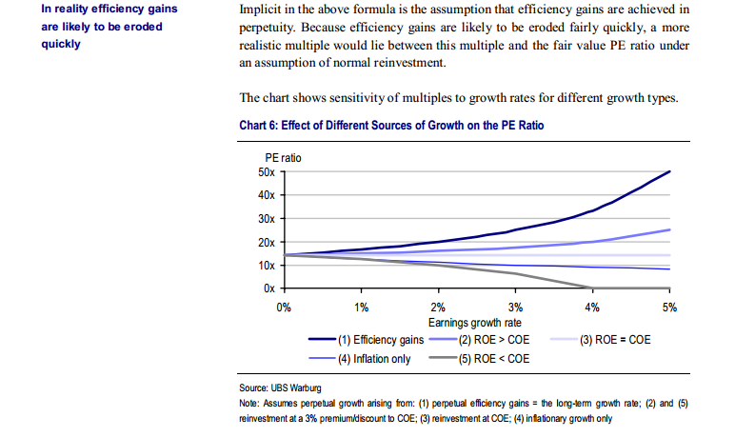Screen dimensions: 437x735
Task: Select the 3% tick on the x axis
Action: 515,307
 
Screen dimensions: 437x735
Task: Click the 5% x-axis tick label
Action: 669,307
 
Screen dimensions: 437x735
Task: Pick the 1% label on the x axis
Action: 361,307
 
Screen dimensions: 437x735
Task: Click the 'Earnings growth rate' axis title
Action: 476,322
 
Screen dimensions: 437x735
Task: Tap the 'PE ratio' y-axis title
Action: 283,157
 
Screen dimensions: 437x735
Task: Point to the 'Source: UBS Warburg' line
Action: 281,389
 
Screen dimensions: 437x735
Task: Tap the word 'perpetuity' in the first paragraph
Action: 269,28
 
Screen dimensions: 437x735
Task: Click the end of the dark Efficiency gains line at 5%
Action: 669,172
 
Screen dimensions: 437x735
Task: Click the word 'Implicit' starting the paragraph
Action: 261,10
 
